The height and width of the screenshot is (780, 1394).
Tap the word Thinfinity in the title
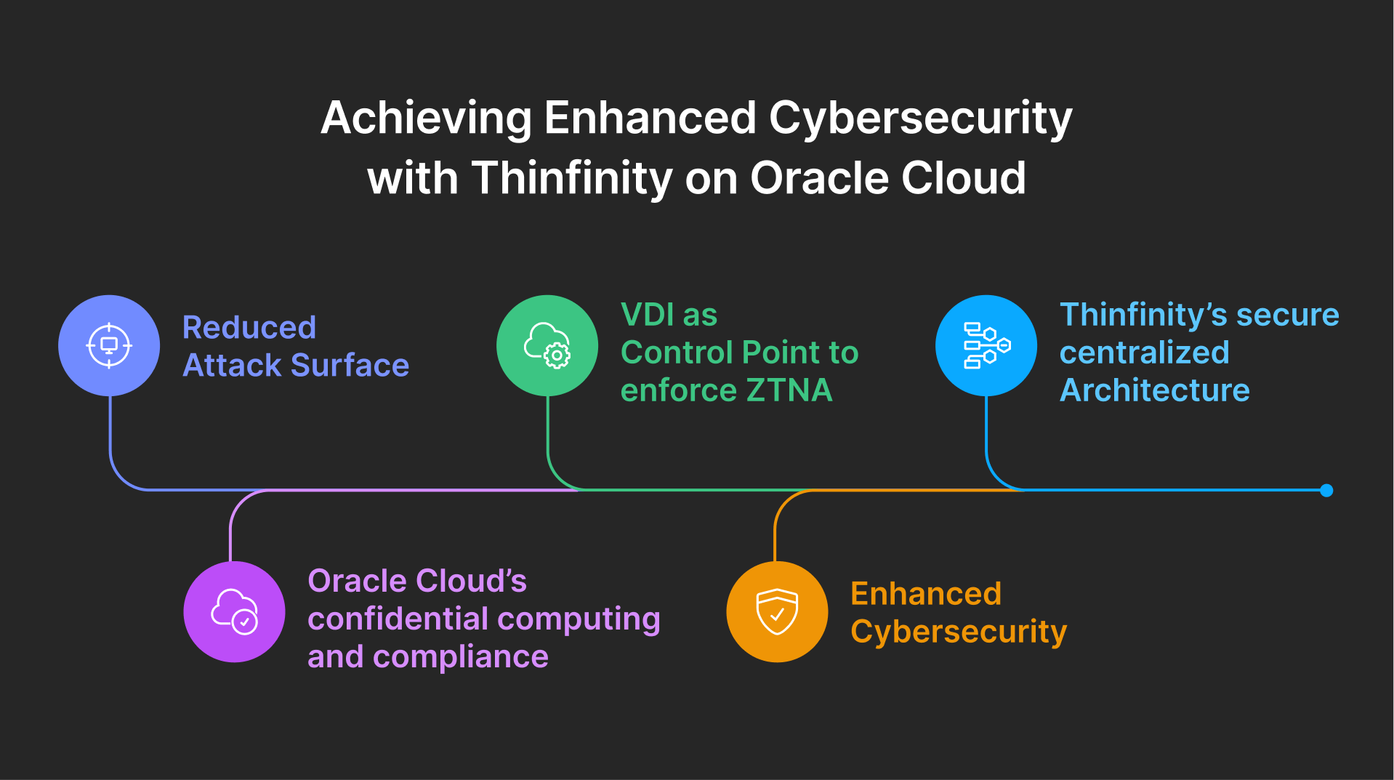pyautogui.click(x=571, y=179)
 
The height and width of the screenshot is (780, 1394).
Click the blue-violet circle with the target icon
pyautogui.click(x=109, y=345)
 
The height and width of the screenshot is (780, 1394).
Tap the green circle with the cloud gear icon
pyautogui.click(x=547, y=345)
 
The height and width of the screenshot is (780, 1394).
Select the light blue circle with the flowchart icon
pyautogui.click(x=986, y=345)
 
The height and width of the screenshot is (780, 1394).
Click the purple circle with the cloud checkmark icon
pyautogui.click(x=234, y=611)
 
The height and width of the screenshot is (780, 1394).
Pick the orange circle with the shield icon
pyautogui.click(x=777, y=611)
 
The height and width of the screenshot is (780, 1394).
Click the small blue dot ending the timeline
pyautogui.click(x=1326, y=491)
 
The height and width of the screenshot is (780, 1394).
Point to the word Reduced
pyautogui.click(x=249, y=328)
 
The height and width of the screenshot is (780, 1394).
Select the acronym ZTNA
pyautogui.click(x=789, y=391)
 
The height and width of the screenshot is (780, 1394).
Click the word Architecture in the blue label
pyautogui.click(x=1154, y=391)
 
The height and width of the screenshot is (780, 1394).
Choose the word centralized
pyautogui.click(x=1144, y=353)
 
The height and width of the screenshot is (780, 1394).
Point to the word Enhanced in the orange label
pyautogui.click(x=926, y=594)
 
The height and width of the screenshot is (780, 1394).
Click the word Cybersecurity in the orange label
pyautogui.click(x=958, y=632)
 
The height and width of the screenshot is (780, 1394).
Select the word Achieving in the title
pyautogui.click(x=426, y=118)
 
